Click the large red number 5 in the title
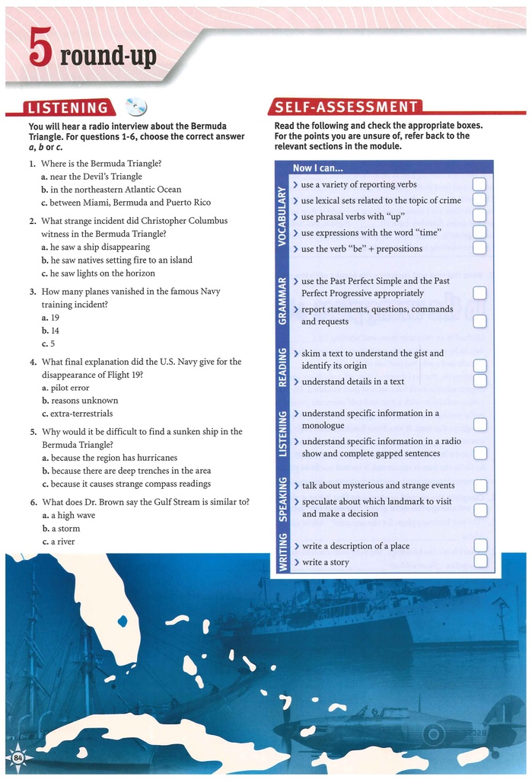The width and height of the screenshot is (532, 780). (40, 53)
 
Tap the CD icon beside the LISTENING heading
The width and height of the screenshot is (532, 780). (135, 107)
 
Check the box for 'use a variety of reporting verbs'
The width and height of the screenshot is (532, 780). (479, 184)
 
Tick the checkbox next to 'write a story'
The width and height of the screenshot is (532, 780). (480, 561)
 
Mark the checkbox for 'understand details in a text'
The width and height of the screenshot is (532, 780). (479, 381)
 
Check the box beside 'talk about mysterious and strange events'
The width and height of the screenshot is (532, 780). (480, 485)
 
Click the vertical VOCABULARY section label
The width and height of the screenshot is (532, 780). (282, 216)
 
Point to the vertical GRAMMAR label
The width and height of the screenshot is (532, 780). (282, 301)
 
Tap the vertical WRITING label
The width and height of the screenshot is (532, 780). (282, 552)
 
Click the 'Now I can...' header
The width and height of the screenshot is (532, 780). (318, 168)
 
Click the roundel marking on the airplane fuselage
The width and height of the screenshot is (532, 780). (434, 735)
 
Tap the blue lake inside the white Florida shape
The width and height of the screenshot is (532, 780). (123, 622)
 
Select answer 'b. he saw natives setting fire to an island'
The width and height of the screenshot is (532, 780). (116, 260)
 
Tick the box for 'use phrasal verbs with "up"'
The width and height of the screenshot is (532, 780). (479, 216)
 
